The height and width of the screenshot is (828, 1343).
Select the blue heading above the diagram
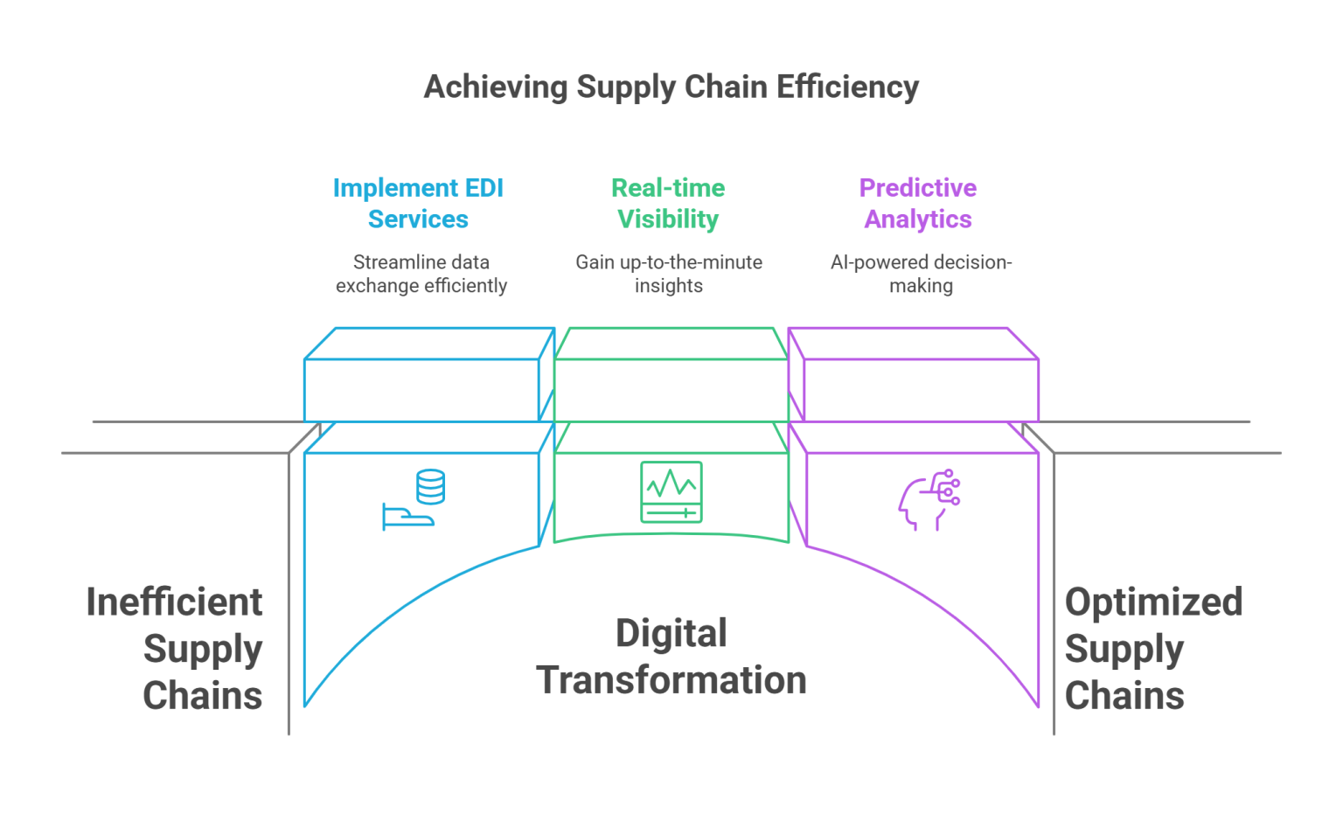[420, 200]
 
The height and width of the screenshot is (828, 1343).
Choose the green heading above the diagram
[668, 200]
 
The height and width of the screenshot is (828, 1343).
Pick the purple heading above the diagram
[915, 200]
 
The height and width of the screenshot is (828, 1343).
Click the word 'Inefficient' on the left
[176, 602]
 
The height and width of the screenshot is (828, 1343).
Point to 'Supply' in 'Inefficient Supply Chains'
[202, 648]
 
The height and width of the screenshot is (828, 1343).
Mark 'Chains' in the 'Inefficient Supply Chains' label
[202, 694]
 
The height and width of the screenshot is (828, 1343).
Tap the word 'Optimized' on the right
[1153, 602]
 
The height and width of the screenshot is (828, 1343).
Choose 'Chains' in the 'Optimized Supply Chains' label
[1125, 694]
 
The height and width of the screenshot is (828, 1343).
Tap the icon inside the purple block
[925, 498]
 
